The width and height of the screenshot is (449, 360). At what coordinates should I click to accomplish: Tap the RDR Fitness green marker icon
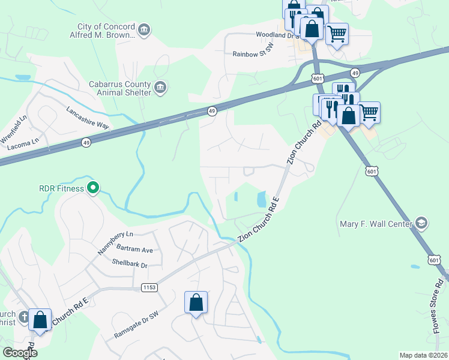(92, 189)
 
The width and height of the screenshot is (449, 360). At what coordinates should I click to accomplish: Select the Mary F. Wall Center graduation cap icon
(422, 224)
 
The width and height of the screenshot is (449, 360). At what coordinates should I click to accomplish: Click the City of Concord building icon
(144, 30)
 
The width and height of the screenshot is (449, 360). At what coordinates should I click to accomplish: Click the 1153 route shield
(149, 288)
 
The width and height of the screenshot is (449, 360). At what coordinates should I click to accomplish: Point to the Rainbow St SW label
(253, 54)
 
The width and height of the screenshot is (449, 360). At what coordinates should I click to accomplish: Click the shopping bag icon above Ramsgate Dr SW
(196, 302)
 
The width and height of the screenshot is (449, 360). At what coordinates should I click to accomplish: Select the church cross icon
(24, 316)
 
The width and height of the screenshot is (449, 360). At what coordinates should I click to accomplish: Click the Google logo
(20, 353)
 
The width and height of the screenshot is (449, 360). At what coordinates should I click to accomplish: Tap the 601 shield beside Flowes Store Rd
(434, 260)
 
